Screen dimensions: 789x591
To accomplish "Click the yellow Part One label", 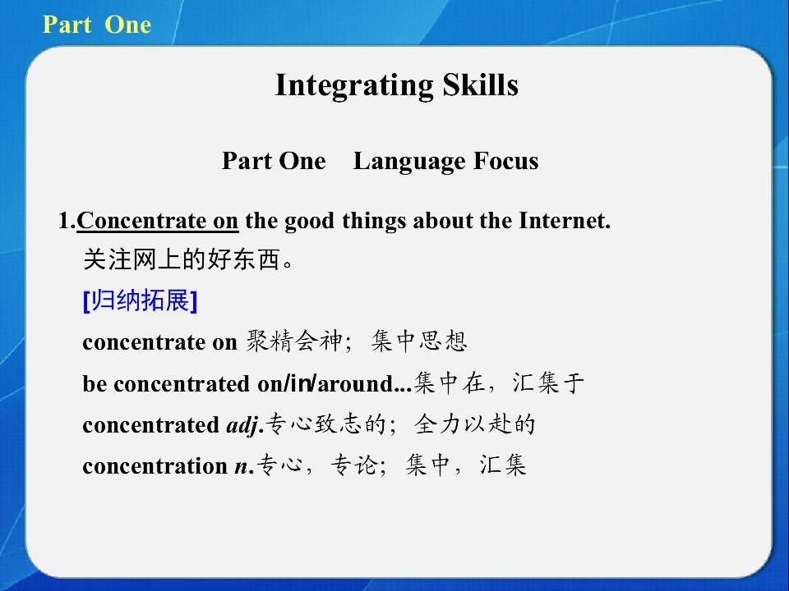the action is click(97, 25).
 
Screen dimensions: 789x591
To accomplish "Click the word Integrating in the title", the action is click(354, 85).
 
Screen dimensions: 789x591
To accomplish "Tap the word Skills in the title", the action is click(480, 85).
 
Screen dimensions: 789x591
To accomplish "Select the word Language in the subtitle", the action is click(408, 162).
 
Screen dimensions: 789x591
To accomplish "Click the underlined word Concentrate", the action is click(141, 221).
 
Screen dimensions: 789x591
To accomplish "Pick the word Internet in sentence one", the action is click(565, 221).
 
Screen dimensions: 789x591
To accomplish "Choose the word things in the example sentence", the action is click(374, 222).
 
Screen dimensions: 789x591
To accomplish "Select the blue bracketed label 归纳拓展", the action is click(140, 300).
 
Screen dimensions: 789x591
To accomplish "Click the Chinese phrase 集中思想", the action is click(419, 341).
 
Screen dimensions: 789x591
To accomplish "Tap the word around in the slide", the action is click(355, 384).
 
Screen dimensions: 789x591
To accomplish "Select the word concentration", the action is click(155, 466).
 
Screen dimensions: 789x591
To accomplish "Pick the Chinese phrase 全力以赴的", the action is click(474, 424).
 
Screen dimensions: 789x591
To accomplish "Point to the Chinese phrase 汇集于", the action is click(548, 383).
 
